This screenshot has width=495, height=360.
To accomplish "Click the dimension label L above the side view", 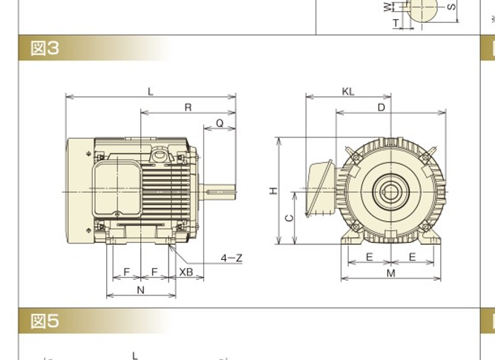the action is (x=151, y=92).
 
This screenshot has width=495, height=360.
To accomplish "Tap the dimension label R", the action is (x=189, y=108).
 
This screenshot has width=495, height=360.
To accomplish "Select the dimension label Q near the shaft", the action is (x=220, y=122).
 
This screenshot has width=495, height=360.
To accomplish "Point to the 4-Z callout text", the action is (x=232, y=258).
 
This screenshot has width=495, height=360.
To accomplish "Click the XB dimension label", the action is (x=186, y=272).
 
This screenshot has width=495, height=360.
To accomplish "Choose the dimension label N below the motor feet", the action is (x=141, y=290).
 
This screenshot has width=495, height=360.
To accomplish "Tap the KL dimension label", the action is (x=348, y=91).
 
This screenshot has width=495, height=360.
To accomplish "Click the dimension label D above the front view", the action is (x=381, y=108).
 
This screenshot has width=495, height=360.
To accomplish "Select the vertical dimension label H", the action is (x=273, y=191).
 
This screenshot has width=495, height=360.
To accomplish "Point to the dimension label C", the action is (x=289, y=218).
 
